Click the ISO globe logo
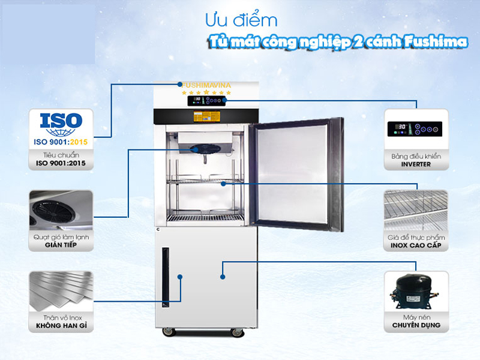(61, 125)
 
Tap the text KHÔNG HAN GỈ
(61, 326)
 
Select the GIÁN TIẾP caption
(61, 245)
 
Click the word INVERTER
(416, 164)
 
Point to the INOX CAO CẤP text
(416, 245)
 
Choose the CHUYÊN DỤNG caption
(416, 325)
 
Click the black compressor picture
(415, 292)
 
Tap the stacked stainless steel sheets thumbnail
(61, 290)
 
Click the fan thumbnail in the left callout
(61, 211)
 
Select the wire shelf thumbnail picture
(416, 210)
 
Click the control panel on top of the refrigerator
(206, 100)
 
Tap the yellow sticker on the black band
(206, 116)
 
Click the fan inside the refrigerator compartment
(205, 149)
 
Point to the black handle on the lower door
(166, 277)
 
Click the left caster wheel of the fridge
(169, 332)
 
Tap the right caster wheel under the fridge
(237, 332)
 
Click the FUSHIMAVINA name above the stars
(206, 85)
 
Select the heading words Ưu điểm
(241, 20)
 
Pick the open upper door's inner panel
(292, 173)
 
